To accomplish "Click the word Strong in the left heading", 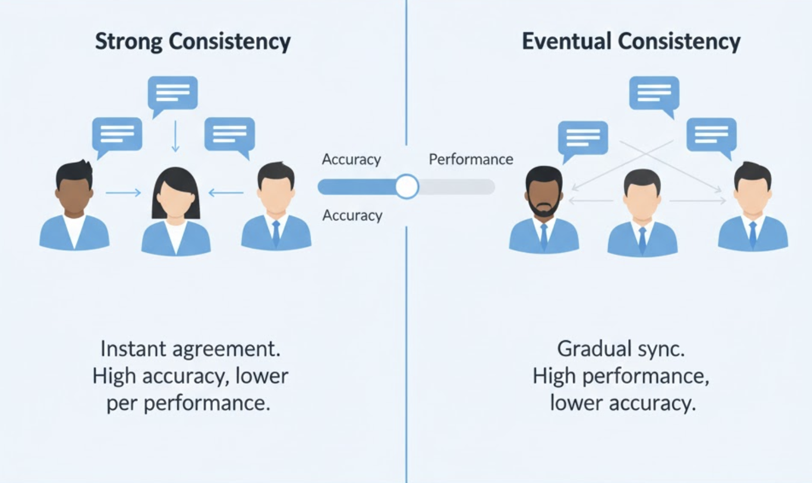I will pyautogui.click(x=129, y=42).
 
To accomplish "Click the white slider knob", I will pyautogui.click(x=407, y=187).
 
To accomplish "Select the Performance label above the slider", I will pyautogui.click(x=471, y=160).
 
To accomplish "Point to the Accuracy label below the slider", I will pyautogui.click(x=352, y=216).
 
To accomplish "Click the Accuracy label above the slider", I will pyautogui.click(x=351, y=160).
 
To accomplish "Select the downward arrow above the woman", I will pyautogui.click(x=175, y=136).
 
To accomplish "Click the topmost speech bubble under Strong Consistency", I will pyautogui.click(x=173, y=93).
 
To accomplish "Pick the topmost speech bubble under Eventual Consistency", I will pyautogui.click(x=653, y=93).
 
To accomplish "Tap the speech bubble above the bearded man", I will pyautogui.click(x=583, y=138).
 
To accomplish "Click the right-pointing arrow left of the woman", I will pyautogui.click(x=123, y=192).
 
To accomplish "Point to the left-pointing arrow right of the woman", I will pyautogui.click(x=226, y=192).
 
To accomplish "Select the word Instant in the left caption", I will pyautogui.click(x=133, y=349).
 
